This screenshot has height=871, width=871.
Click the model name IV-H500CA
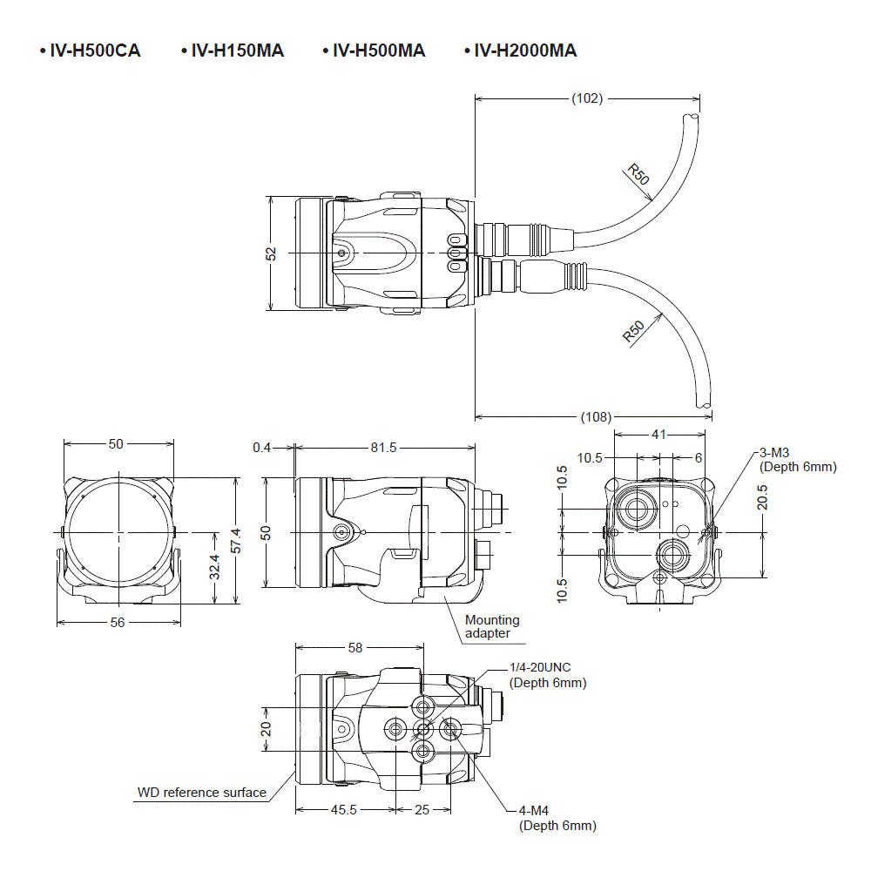click(94, 51)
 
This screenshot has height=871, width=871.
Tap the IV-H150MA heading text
click(237, 51)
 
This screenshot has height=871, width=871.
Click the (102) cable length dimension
click(587, 98)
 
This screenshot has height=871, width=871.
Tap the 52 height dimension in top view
click(271, 253)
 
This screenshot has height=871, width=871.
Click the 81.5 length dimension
click(383, 448)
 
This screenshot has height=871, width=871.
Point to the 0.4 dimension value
click(261, 448)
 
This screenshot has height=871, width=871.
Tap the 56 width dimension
click(118, 622)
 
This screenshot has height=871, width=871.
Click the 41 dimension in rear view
click(659, 433)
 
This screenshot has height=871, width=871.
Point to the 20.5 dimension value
click(762, 497)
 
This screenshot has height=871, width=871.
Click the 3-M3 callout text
click(775, 453)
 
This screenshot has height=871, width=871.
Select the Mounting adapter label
click(491, 626)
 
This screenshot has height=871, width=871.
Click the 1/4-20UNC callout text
click(545, 668)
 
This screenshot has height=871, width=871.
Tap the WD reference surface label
click(202, 793)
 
